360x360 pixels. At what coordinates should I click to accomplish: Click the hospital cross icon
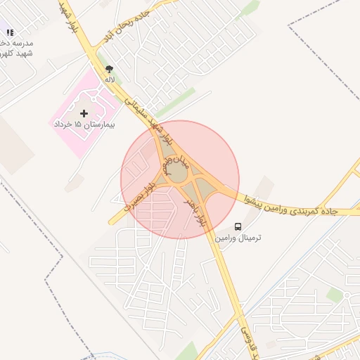coord(85,112)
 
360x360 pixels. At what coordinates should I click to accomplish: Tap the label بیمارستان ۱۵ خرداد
coord(84,124)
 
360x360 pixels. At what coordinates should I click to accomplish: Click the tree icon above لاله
coord(108,69)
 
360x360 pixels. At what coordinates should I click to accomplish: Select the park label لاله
coord(109,79)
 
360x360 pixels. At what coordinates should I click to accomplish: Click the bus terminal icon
coord(238,227)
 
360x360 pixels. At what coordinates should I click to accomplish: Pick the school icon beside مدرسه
coord(10,32)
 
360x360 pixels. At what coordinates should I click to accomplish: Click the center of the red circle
coord(180,179)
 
